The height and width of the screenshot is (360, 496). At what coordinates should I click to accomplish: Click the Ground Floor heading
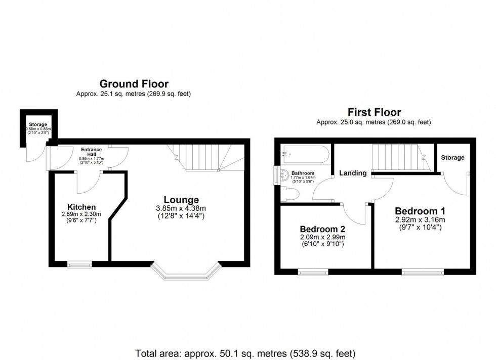tap(134, 84)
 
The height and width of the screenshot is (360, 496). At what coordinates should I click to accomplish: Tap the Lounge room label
tap(181, 200)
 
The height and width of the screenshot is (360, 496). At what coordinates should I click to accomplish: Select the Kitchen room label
tap(81, 207)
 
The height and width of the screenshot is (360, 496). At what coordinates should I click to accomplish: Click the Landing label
tap(353, 173)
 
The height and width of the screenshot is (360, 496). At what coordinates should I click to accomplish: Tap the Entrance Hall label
tap(91, 152)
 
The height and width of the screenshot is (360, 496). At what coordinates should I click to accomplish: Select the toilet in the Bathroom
tap(292, 193)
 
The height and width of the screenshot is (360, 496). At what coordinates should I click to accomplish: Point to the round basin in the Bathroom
tap(284, 175)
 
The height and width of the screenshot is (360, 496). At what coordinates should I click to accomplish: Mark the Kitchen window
tap(79, 263)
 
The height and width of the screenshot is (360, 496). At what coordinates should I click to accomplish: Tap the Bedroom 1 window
tap(423, 272)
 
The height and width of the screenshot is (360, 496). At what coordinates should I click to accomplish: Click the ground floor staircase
tap(202, 156)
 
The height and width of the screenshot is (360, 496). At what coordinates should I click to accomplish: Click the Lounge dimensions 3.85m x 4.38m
tap(181, 208)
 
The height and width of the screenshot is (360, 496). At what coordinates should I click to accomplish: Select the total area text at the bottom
tap(245, 352)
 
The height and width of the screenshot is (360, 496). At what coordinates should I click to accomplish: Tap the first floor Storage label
tap(452, 158)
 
